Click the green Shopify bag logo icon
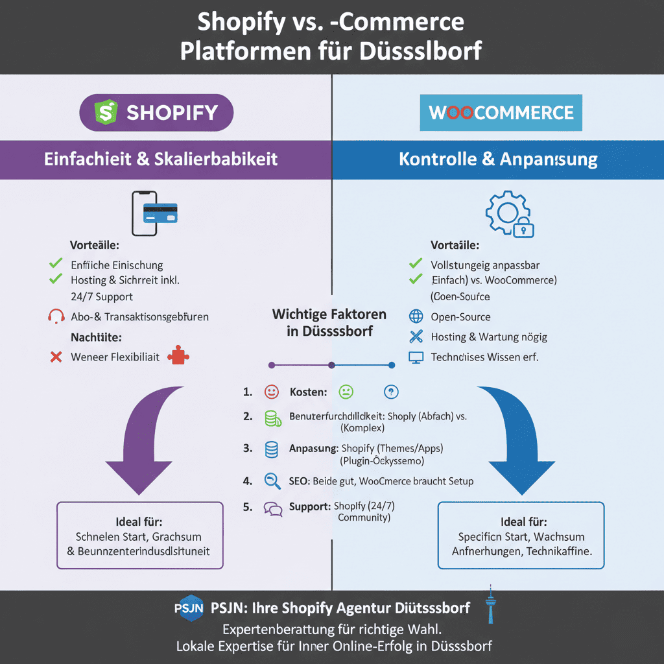point(106,112)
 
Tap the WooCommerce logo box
point(501,113)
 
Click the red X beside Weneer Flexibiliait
point(56,357)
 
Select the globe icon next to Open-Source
point(416,316)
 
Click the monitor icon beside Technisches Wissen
point(416,357)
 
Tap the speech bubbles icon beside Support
point(273,508)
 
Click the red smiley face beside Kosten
point(272,392)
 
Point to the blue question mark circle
point(391,392)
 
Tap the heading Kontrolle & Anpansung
point(498,159)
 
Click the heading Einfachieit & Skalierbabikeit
point(161,159)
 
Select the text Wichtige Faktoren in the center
point(329,314)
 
